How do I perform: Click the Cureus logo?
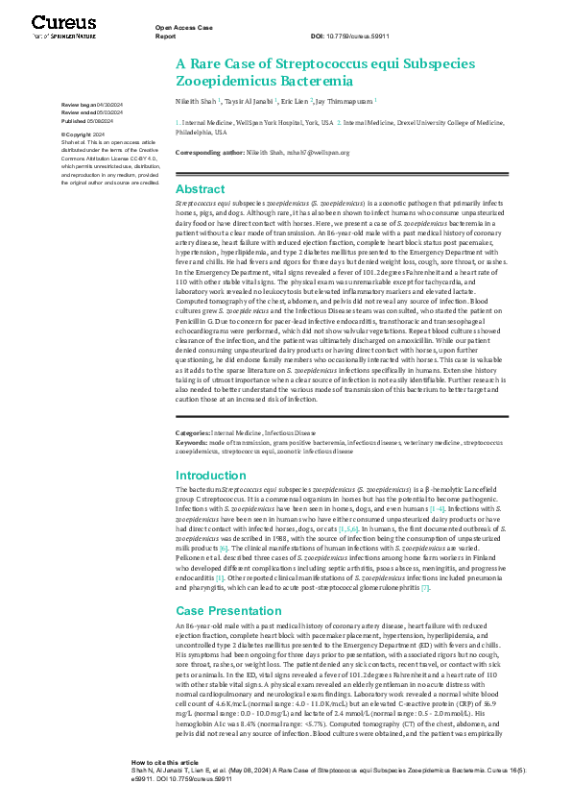[x=62, y=25]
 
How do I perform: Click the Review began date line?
[x=91, y=103]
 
